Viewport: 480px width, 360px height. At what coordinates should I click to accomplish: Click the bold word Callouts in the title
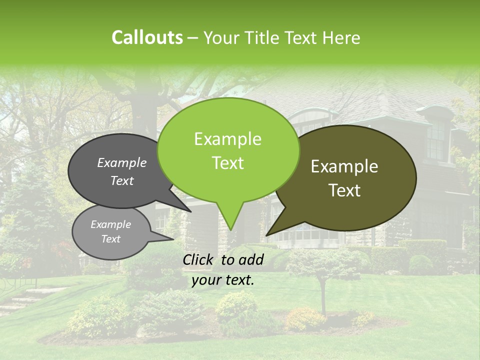[x=147, y=37]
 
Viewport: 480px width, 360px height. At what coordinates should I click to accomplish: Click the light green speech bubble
[x=228, y=150]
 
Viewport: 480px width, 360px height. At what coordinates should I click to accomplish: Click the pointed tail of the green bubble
[x=230, y=220]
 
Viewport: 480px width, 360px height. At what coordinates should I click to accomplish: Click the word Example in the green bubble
[x=227, y=139]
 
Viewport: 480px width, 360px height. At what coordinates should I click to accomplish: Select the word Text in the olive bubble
[x=345, y=190]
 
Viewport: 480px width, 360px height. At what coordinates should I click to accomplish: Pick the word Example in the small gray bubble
[x=110, y=224]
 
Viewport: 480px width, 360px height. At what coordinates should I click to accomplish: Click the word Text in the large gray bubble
[x=122, y=181]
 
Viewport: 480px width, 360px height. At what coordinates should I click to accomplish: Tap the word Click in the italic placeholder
[x=199, y=259]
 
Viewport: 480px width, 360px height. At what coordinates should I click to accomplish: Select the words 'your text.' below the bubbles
[x=222, y=280]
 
